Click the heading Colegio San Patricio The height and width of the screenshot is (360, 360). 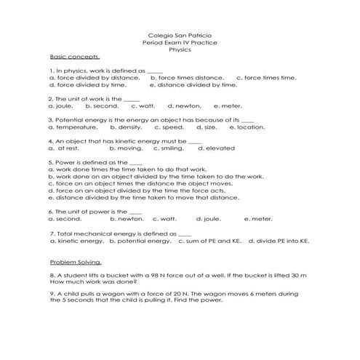tap(180, 35)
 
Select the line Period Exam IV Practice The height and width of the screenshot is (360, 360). tap(180, 42)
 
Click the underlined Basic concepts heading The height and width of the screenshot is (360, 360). tap(74, 57)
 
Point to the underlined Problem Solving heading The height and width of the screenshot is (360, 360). tap(76, 262)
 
